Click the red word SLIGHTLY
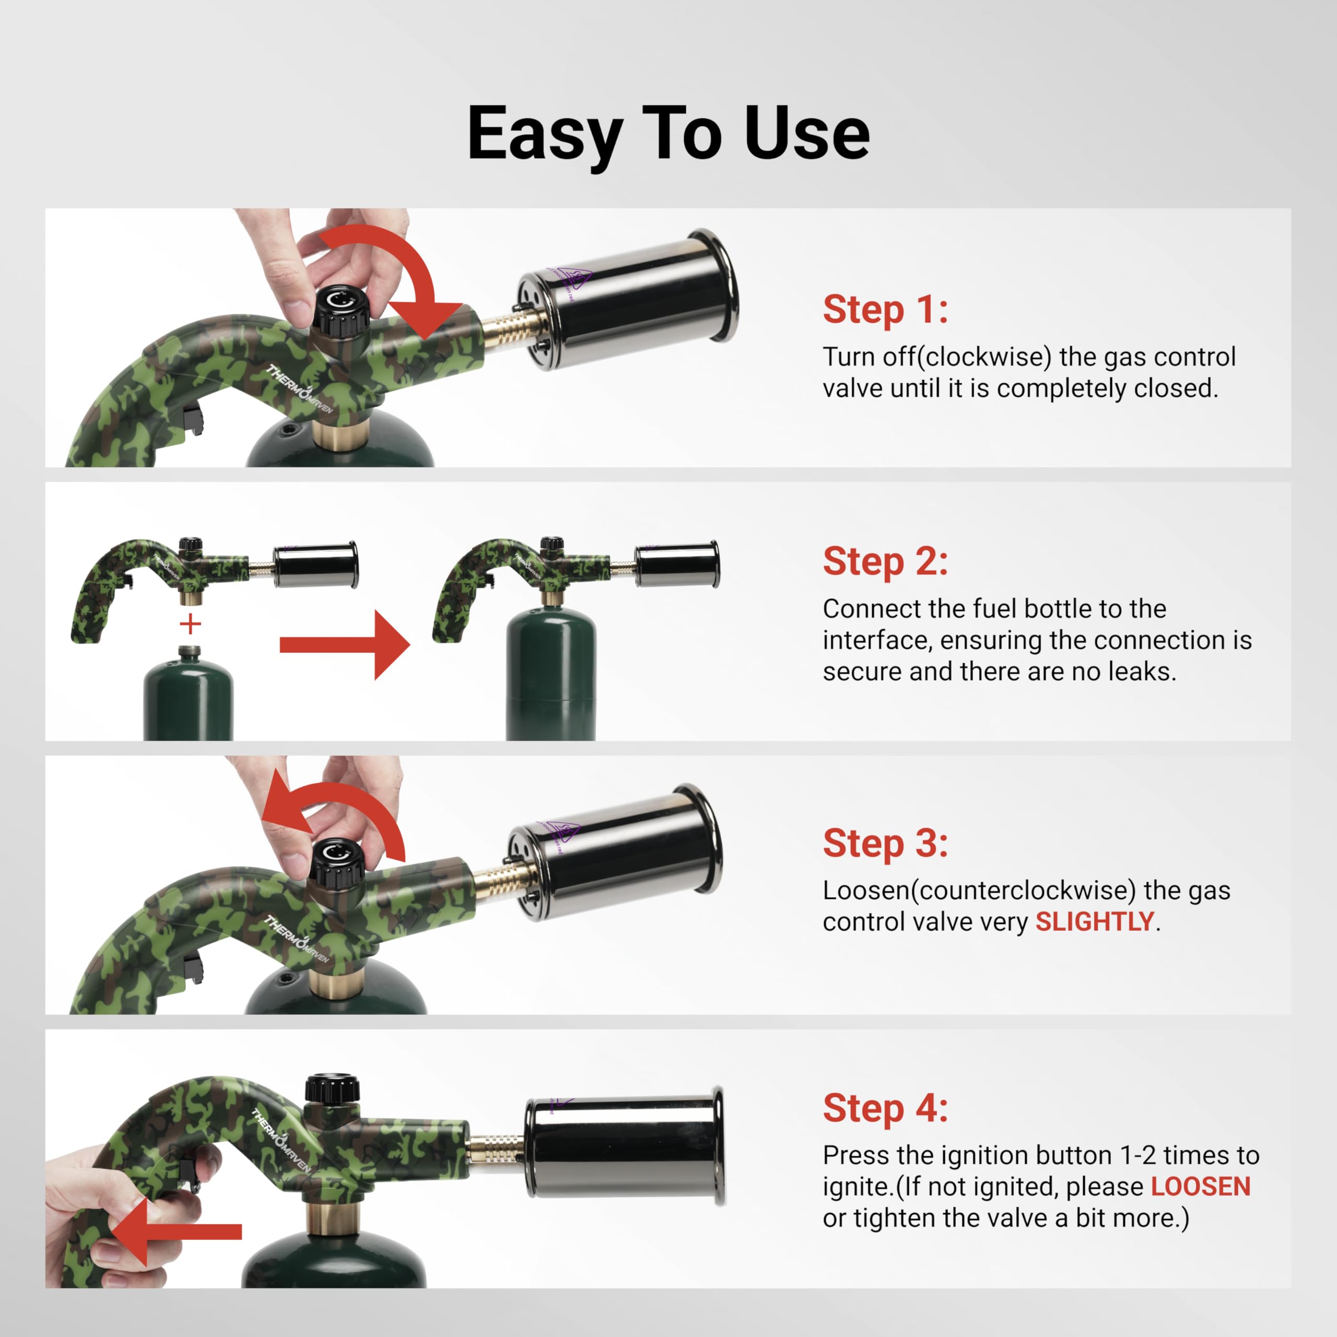(1094, 921)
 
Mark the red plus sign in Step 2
(190, 624)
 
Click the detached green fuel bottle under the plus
(188, 699)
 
